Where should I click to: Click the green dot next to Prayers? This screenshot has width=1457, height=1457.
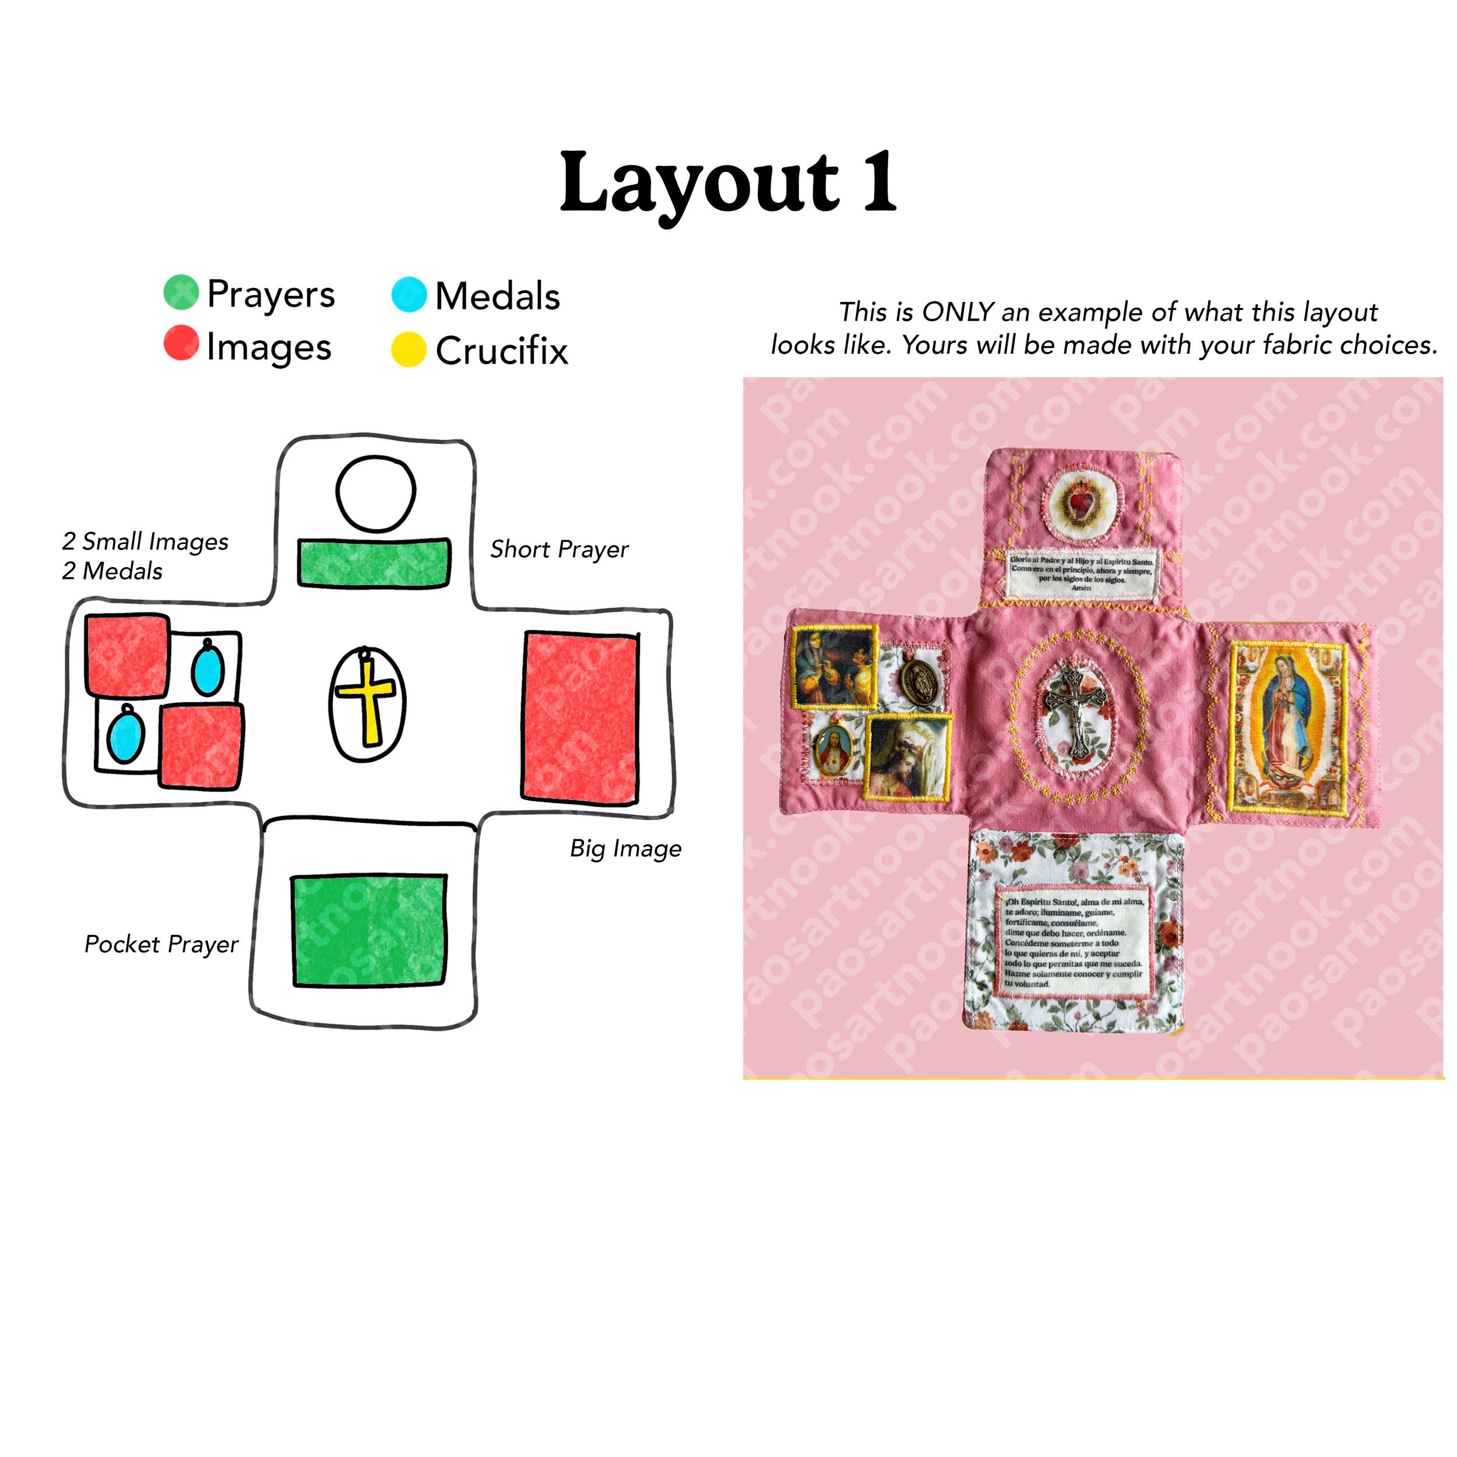[x=181, y=293]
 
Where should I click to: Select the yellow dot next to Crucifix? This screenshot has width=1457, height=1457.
[x=409, y=349]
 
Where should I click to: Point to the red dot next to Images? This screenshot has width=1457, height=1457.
[x=181, y=343]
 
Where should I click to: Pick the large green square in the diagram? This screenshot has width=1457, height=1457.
[x=369, y=931]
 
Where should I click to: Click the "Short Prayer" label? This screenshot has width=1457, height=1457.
[x=559, y=549]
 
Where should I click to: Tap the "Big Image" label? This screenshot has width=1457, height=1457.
[x=625, y=849]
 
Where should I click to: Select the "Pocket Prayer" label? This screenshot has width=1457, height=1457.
[x=161, y=944]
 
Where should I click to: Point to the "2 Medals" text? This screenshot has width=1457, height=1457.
[x=112, y=571]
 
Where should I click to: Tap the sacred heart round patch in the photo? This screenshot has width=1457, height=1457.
[x=1083, y=503]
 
